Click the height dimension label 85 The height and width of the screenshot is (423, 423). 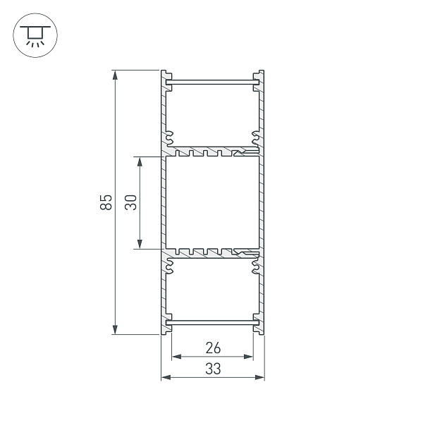click(x=106, y=202)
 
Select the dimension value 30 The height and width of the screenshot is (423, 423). click(x=130, y=202)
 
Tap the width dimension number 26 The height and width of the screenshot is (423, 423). click(x=212, y=347)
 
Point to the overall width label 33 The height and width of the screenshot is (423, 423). click(x=212, y=368)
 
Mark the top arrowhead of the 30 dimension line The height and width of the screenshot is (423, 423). click(x=140, y=161)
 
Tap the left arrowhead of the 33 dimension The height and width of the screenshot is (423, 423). click(x=166, y=378)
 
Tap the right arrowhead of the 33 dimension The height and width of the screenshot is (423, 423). click(x=260, y=378)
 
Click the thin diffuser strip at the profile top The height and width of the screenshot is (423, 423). click(x=212, y=85)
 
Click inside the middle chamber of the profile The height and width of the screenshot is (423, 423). click(x=212, y=202)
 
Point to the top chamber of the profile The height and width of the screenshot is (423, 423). click(x=212, y=116)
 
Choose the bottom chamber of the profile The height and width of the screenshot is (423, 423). click(x=212, y=289)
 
